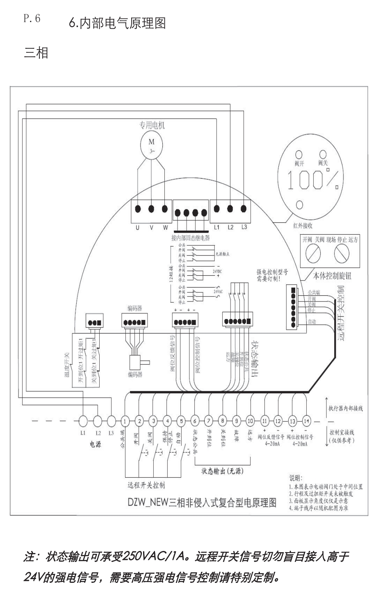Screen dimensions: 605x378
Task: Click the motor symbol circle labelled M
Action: [152, 145]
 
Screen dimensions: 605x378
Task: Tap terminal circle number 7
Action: [209, 421]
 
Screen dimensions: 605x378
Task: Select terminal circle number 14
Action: [306, 421]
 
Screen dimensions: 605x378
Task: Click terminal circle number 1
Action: [125, 421]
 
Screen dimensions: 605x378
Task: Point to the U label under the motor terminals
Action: [138, 227]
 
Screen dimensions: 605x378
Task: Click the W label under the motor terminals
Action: [165, 227]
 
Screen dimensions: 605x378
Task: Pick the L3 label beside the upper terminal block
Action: [244, 227]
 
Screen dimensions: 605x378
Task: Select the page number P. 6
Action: [32, 19]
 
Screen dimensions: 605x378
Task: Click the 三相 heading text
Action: [36, 53]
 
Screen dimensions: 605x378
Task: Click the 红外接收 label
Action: [303, 226]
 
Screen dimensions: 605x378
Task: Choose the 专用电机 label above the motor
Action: [152, 125]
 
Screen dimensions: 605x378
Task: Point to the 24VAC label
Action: [218, 292]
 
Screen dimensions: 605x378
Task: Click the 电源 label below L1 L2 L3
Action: [96, 444]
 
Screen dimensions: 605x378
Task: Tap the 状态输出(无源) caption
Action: [222, 471]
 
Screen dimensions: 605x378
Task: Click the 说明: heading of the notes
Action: [296, 478]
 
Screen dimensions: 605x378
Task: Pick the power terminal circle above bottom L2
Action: [98, 421]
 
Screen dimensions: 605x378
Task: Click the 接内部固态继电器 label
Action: [191, 238]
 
